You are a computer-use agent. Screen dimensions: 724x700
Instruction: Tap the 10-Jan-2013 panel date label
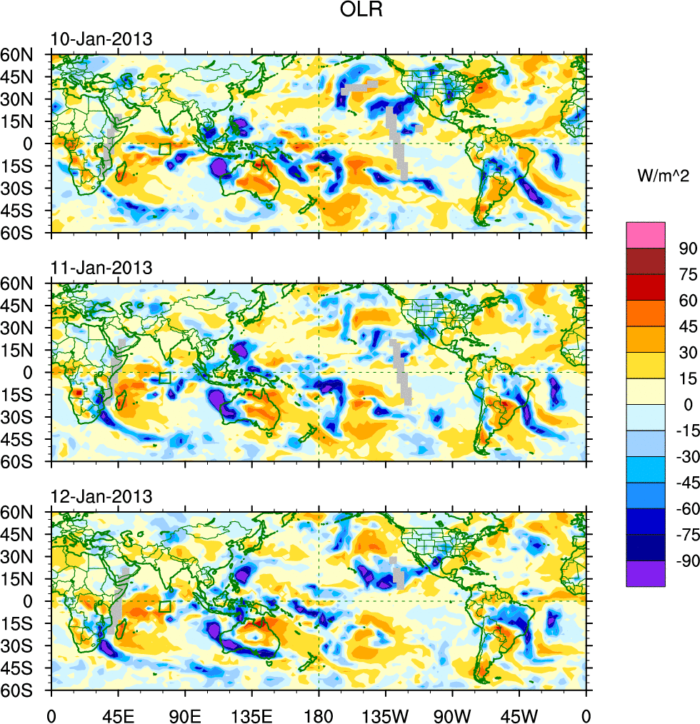click(x=101, y=39)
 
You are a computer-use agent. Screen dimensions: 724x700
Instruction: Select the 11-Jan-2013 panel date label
click(x=101, y=268)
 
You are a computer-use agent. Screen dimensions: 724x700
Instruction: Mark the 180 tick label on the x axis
click(x=319, y=713)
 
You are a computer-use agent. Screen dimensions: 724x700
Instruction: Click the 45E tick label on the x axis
click(x=118, y=713)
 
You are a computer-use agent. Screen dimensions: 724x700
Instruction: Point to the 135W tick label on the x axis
click(x=386, y=713)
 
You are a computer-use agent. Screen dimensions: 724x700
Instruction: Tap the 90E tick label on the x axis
click(x=185, y=713)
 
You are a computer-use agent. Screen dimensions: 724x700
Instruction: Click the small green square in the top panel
click(x=165, y=149)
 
